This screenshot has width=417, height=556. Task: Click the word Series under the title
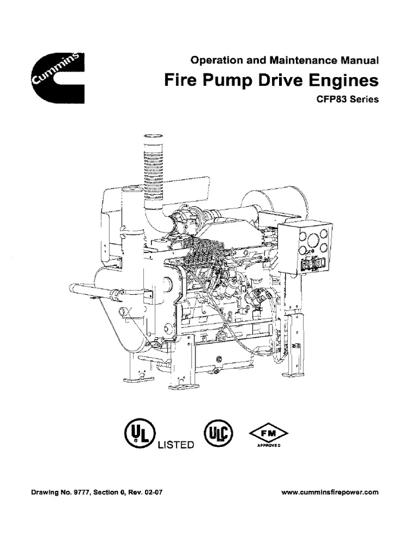coord(364,100)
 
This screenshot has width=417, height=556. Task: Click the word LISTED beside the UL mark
coord(176,445)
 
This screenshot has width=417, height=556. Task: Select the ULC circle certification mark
coord(218,433)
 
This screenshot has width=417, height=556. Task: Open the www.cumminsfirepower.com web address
coord(331,493)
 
